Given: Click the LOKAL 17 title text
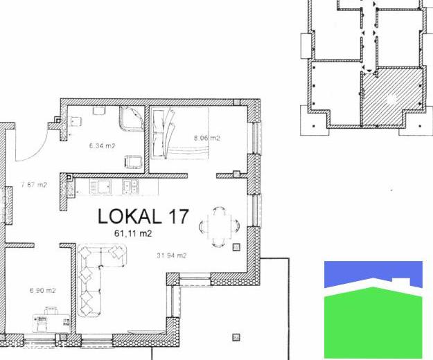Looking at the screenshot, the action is point(143,216).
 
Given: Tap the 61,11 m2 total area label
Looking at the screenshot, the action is point(133,234).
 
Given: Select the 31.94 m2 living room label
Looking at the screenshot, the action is point(172,255).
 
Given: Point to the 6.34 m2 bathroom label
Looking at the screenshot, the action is point(102,145).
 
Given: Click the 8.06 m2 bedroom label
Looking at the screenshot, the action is point(207,138).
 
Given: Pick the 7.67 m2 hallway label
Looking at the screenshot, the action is point(34,185).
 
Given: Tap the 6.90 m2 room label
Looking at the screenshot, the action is point(42,291).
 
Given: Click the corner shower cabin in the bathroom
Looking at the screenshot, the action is point(132,118).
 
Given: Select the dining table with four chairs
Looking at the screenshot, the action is point(220,226).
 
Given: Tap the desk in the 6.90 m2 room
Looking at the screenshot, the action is point(51,322).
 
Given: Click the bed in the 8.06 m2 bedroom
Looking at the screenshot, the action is point(179,133).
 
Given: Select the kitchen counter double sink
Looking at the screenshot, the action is point(131,186).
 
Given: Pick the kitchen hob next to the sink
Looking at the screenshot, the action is point(100,186).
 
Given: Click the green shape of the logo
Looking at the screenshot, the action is point(373,323).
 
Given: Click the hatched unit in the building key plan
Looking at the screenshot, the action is point(391,96).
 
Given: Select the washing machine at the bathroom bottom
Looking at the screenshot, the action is point(134,162).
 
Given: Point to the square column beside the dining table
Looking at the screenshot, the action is point(236,247).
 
